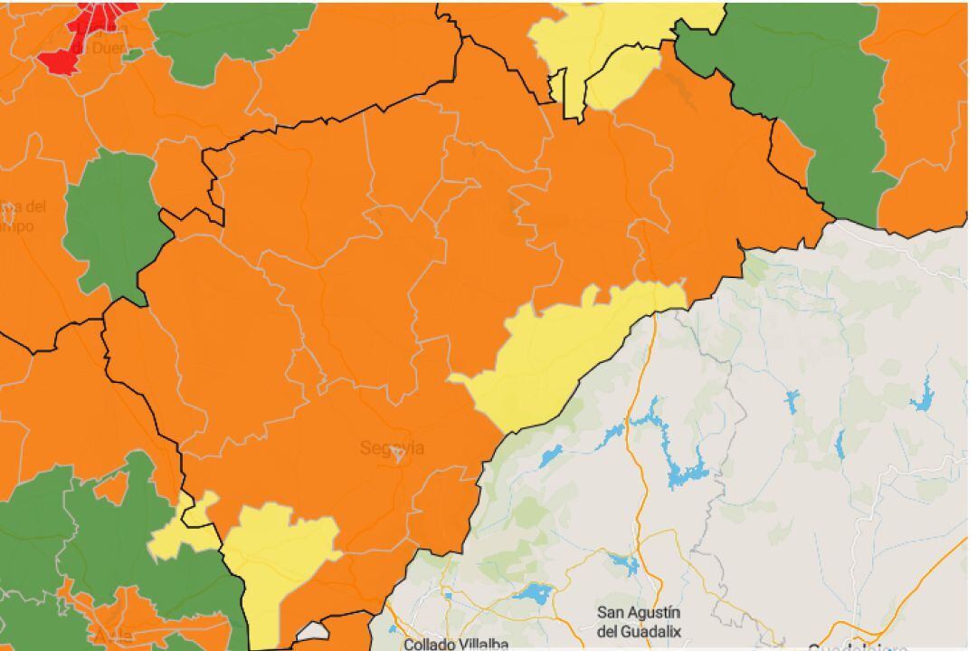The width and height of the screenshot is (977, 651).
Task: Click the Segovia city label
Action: [392, 448]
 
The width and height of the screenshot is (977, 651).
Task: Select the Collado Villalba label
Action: [456, 644]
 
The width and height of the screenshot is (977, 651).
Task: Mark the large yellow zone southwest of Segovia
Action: [276, 561]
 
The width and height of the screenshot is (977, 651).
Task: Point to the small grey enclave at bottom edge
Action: [312, 633]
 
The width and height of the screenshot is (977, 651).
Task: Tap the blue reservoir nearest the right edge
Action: [922, 398]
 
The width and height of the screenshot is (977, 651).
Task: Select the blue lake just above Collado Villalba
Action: [533, 594]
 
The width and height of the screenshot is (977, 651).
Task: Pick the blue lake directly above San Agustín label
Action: [624, 565]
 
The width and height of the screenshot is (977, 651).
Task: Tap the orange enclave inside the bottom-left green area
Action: [112, 490]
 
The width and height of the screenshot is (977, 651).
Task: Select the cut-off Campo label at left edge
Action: [18, 217]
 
